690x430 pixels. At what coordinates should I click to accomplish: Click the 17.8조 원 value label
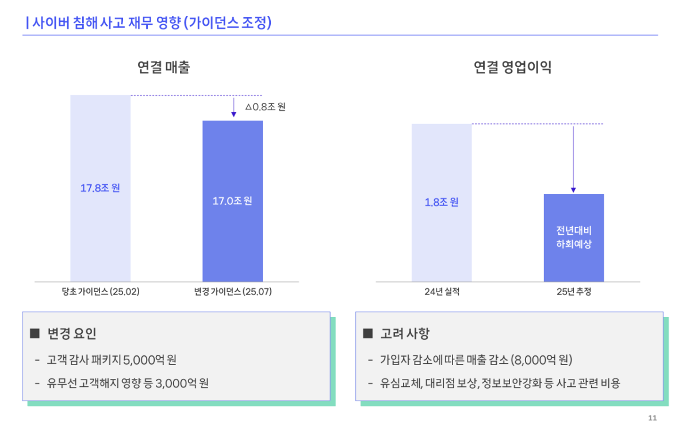(100, 188)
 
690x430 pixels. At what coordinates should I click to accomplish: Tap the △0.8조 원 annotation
(265, 107)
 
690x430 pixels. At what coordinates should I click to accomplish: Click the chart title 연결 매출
(164, 68)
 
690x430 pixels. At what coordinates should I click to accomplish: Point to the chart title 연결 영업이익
(512, 68)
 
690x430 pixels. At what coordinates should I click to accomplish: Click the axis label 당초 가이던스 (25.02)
(101, 292)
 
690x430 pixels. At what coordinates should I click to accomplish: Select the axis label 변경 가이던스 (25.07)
(233, 292)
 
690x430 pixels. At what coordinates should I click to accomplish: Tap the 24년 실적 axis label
(442, 292)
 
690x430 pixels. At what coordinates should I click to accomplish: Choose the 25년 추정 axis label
(574, 292)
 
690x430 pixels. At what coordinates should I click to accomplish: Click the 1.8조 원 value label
(442, 202)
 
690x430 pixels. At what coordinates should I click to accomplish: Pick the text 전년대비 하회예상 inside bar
(574, 237)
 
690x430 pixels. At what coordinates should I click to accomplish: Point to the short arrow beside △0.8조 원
(233, 107)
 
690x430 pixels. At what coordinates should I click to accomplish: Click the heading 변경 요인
(72, 334)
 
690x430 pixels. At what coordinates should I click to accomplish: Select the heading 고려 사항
(405, 334)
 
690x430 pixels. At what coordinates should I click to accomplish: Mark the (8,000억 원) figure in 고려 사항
(541, 361)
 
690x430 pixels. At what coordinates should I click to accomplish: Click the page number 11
(652, 417)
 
